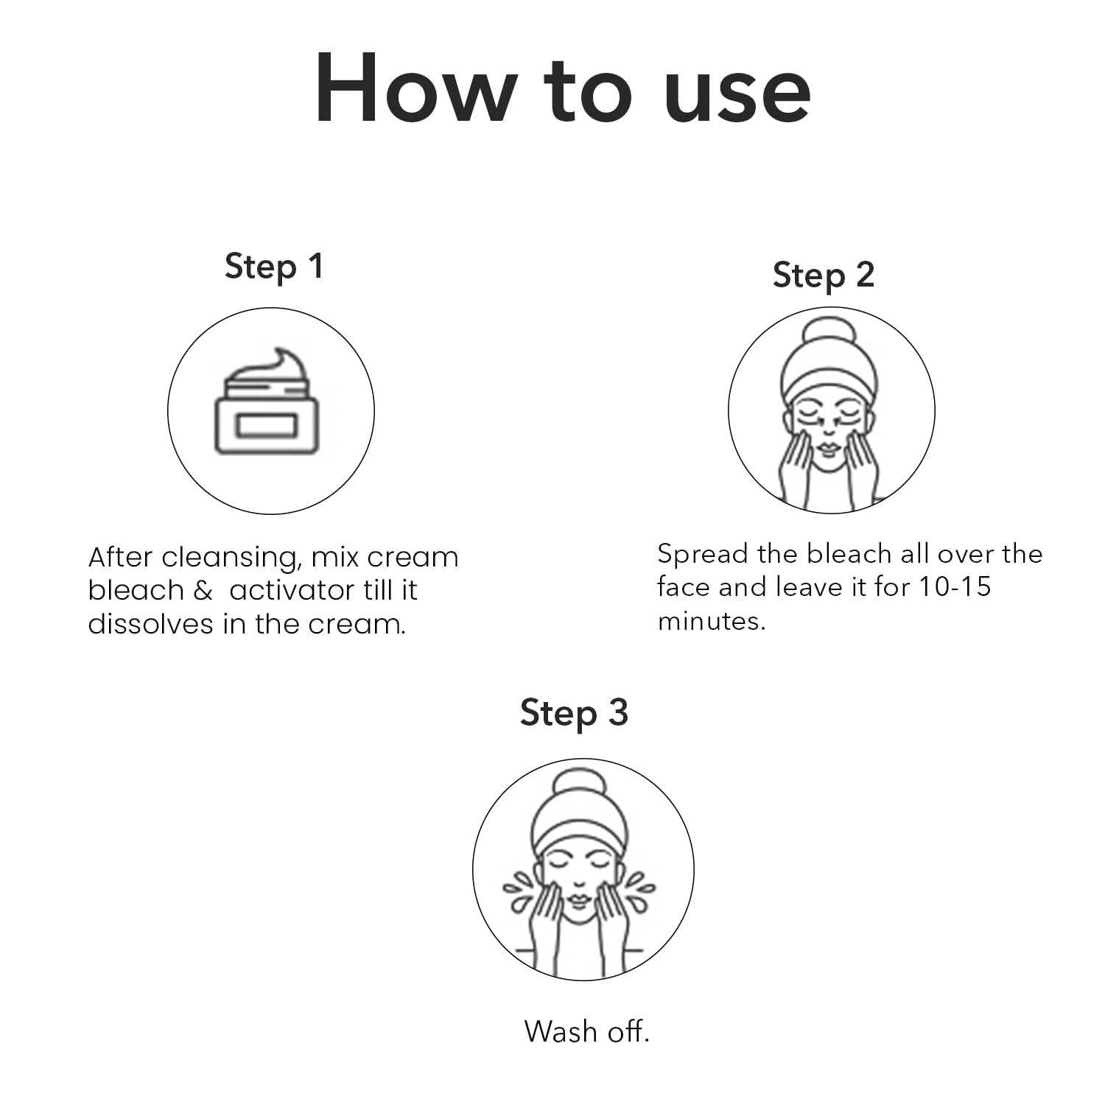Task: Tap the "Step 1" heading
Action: click(274, 267)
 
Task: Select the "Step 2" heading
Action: click(824, 276)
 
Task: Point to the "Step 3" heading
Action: click(574, 713)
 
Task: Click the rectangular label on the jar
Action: click(266, 426)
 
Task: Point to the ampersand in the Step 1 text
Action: click(203, 591)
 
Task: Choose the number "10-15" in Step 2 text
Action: click(954, 587)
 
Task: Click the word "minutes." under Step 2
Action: click(712, 621)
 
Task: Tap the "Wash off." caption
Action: click(587, 1031)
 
